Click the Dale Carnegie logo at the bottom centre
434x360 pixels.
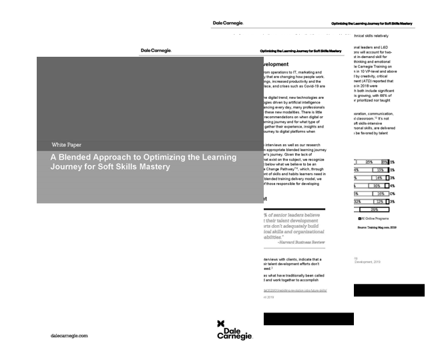[235, 331]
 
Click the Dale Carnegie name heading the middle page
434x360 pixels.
[156, 50]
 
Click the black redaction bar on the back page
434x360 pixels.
[388, 290]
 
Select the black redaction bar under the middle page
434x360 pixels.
[309, 319]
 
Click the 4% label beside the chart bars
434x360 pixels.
[392, 186]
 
